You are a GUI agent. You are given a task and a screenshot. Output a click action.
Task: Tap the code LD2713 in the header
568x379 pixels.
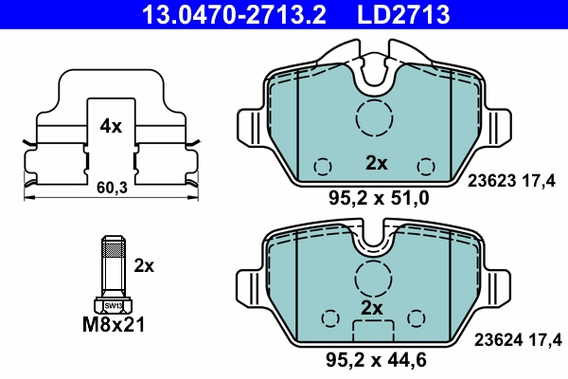click(x=403, y=14)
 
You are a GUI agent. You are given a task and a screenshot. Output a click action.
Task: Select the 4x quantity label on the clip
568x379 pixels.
click(x=111, y=125)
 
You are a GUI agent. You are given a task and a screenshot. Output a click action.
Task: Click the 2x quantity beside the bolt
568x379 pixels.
click(x=144, y=265)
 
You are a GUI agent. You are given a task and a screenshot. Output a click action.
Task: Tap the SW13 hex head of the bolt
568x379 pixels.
click(x=113, y=305)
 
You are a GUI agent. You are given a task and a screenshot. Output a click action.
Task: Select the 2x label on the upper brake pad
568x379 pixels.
click(x=376, y=163)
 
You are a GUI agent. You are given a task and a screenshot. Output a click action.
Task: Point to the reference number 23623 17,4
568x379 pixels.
click(x=516, y=186)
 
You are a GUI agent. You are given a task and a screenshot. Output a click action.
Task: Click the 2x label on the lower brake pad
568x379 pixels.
click(x=371, y=309)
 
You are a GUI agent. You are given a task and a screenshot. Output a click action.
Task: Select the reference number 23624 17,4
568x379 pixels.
click(x=516, y=338)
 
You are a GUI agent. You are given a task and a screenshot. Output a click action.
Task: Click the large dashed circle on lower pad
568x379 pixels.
click(x=375, y=276)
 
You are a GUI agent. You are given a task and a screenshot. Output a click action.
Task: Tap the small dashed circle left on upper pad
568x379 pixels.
click(x=322, y=166)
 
